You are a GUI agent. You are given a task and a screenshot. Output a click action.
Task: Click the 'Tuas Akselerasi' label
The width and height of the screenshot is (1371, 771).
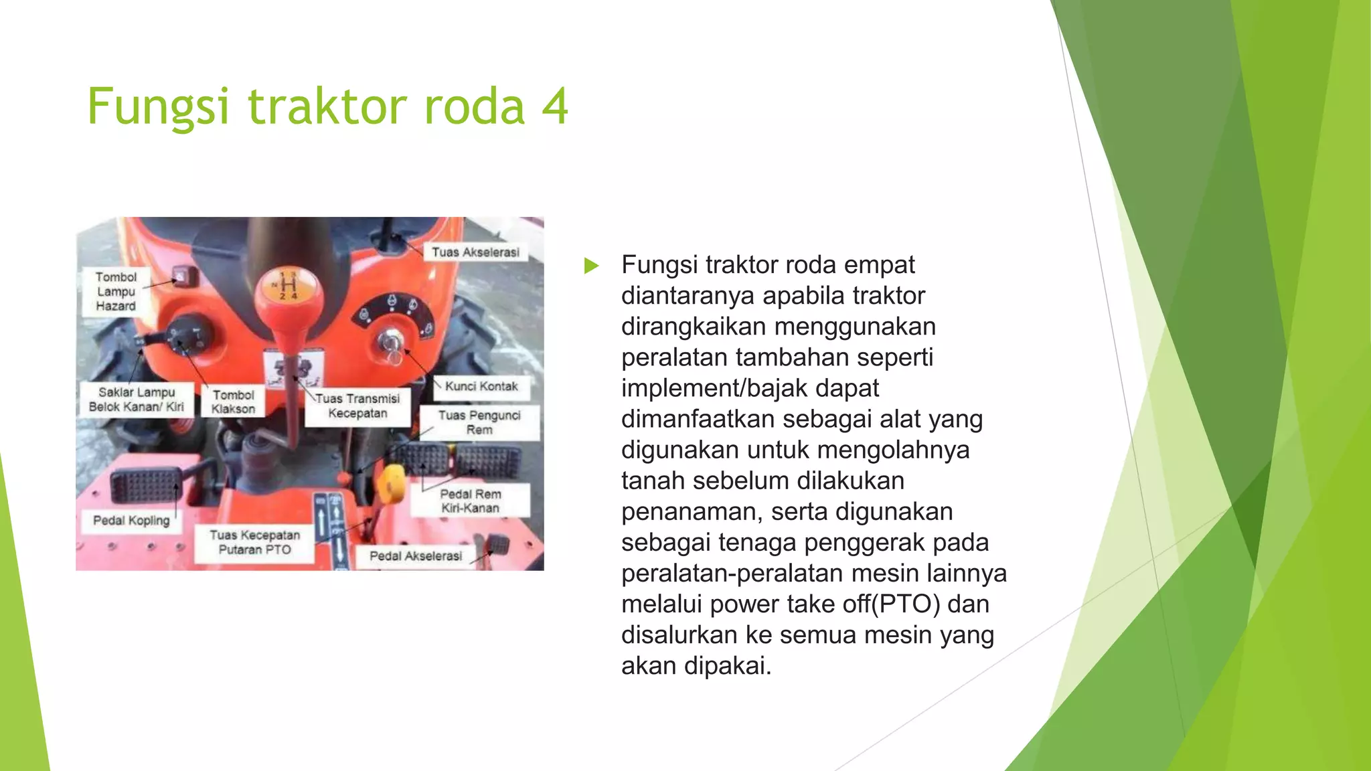click(x=475, y=252)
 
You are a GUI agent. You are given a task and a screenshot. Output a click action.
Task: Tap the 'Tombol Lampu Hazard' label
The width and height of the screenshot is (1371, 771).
click(x=116, y=292)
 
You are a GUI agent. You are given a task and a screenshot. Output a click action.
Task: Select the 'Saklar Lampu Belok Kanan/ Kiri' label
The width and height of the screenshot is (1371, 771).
click(x=137, y=400)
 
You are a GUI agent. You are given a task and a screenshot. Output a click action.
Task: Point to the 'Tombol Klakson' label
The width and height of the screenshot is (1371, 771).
click(x=234, y=402)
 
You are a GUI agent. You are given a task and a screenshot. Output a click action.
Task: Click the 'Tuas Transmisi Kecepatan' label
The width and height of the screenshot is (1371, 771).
click(x=357, y=406)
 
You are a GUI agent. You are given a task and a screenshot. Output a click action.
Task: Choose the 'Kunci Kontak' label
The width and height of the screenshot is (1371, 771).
click(x=481, y=387)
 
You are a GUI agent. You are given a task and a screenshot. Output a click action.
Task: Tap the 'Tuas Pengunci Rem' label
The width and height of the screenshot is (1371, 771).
click(x=479, y=422)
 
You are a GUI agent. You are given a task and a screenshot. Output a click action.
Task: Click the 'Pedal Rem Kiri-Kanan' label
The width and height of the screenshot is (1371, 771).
click(x=470, y=501)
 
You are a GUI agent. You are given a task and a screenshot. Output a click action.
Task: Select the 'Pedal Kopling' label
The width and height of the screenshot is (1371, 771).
click(x=131, y=521)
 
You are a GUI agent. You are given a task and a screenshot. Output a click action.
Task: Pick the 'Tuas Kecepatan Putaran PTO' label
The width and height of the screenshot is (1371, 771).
click(x=254, y=543)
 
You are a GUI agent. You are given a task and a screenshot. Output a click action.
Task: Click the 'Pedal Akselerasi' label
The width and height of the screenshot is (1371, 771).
click(x=416, y=556)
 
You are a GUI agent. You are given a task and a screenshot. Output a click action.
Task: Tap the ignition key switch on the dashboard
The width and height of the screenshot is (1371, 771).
click(x=390, y=343)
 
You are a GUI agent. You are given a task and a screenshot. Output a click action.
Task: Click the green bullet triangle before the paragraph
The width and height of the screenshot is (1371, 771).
click(x=591, y=266)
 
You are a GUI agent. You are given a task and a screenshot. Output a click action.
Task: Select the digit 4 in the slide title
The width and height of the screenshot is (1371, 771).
click(x=555, y=106)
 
